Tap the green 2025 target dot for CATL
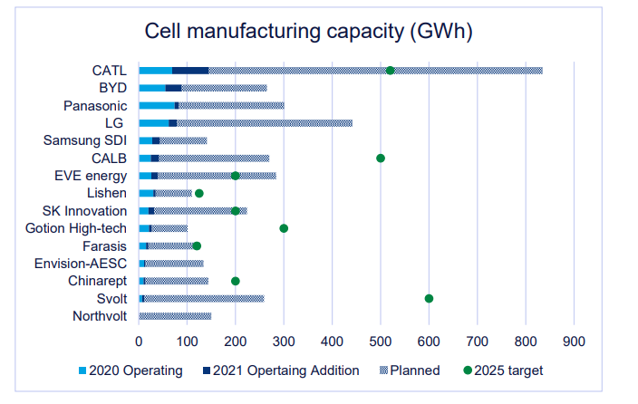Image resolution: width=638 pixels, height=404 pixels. point(390,71)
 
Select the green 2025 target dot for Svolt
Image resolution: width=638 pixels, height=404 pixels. point(429,298)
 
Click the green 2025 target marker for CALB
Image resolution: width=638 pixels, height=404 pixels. point(381,158)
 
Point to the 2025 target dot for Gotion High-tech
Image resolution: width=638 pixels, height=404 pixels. point(284,228)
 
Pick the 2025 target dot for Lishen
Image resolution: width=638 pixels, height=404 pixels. point(199,193)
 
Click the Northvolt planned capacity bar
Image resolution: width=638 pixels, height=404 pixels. point(174,316)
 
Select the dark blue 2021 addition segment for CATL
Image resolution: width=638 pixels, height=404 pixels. point(190,71)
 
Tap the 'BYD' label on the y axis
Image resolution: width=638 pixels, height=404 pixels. point(112,88)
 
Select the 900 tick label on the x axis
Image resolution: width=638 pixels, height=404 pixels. point(574,341)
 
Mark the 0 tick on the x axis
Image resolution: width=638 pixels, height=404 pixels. point(139,341)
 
